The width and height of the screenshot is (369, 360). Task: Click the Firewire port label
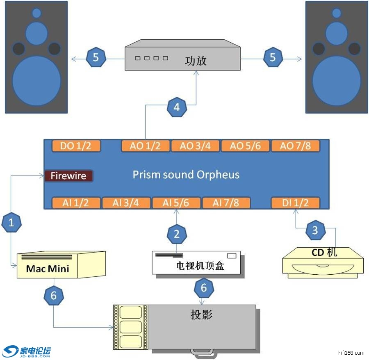point(68,176)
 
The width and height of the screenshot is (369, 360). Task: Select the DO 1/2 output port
point(77,146)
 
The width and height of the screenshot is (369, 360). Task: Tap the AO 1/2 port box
point(145,146)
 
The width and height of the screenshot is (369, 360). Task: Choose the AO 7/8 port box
point(295,146)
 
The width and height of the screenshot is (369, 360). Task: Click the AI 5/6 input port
point(176,203)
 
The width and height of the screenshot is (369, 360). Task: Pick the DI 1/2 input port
point(295,203)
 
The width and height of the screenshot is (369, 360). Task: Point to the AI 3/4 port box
point(126,203)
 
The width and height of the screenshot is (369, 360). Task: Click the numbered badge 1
point(11,223)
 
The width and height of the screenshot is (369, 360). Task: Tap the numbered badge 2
point(177,234)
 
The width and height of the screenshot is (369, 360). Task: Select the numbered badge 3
point(315,230)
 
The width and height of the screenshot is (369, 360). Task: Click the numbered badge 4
point(177,108)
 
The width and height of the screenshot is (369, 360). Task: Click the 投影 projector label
point(202,315)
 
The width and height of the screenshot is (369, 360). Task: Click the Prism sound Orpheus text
point(186,175)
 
